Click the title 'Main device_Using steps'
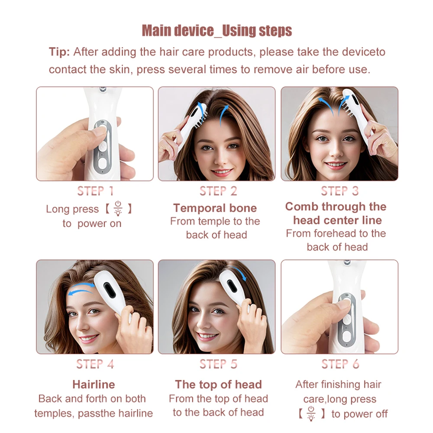(x=216, y=31)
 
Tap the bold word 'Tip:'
(x=59, y=52)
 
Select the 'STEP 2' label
(x=218, y=191)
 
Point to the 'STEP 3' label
(x=340, y=191)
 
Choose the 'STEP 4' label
(x=95, y=364)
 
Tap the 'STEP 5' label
(x=218, y=364)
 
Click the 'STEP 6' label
(x=340, y=364)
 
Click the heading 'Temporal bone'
(x=215, y=208)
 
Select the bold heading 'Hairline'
(x=94, y=385)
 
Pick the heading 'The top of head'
(x=218, y=385)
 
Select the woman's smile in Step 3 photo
(x=336, y=165)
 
